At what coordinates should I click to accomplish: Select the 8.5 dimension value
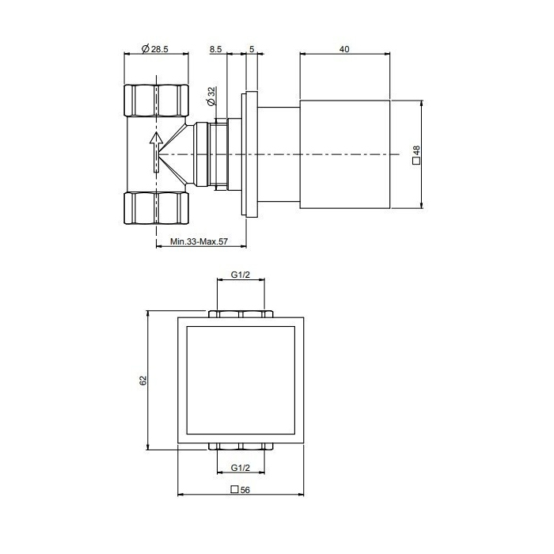tap(215, 49)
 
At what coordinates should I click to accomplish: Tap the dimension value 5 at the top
tap(251, 49)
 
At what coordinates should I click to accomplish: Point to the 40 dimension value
tap(344, 49)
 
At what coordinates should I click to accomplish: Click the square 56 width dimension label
tap(241, 490)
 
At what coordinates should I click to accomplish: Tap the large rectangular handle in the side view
tap(345, 154)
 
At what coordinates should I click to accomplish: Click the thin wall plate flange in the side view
tap(251, 154)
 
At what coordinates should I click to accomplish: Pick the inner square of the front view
tap(241, 380)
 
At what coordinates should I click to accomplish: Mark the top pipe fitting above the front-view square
tap(241, 314)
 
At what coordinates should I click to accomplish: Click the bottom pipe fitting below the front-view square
tap(241, 446)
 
